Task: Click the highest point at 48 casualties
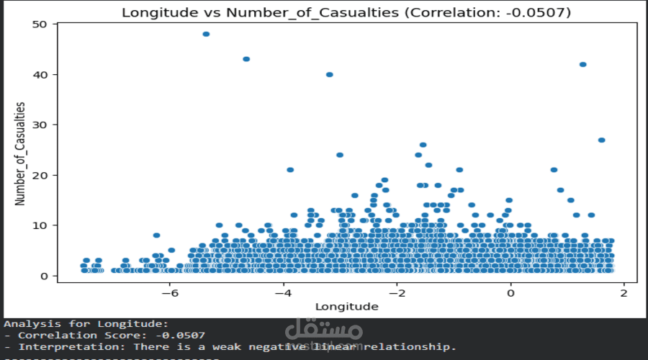(x=206, y=34)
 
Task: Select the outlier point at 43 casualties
(x=246, y=59)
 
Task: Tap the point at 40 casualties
(x=330, y=74)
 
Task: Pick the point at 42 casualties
(x=583, y=64)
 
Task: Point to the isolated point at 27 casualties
(x=601, y=140)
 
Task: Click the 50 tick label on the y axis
(x=40, y=24)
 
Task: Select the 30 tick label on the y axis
(x=40, y=125)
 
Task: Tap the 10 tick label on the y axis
(x=40, y=225)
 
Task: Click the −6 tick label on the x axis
(x=170, y=293)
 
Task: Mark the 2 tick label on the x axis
(x=624, y=293)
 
